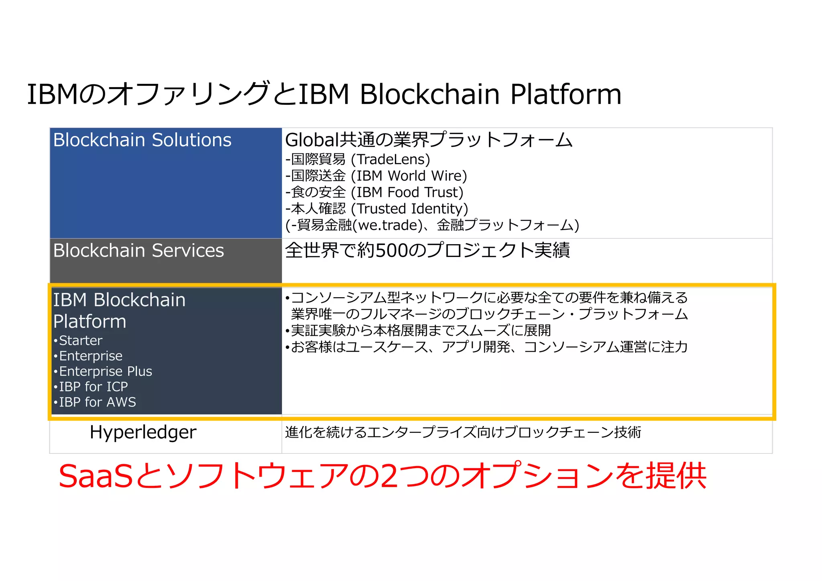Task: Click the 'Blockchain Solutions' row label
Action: click(x=142, y=140)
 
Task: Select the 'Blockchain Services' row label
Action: click(x=138, y=251)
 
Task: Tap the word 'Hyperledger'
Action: click(x=143, y=432)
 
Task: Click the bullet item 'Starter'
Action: click(x=80, y=340)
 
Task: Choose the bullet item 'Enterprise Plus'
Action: click(x=106, y=371)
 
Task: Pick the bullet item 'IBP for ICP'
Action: click(x=93, y=387)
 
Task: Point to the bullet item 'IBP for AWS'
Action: click(x=98, y=402)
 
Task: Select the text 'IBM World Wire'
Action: click(x=409, y=176)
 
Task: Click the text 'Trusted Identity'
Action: click(x=409, y=209)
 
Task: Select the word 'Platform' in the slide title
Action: click(x=566, y=94)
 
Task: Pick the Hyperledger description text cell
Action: click(x=463, y=432)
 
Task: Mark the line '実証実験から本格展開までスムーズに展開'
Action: click(x=421, y=330)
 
